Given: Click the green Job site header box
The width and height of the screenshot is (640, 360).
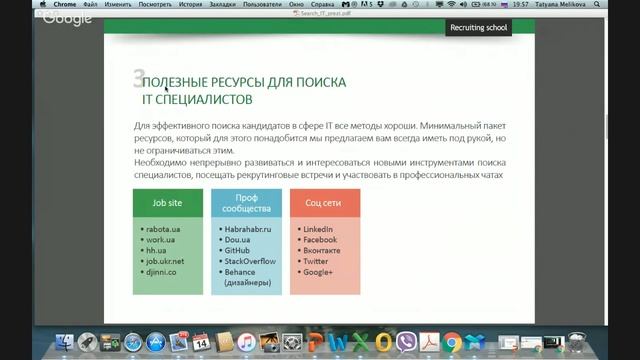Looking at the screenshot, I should coord(167,203).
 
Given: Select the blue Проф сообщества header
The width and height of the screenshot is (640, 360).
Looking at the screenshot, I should coord(246,203).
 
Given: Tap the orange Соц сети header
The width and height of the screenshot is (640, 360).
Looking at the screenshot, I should coord(325,203).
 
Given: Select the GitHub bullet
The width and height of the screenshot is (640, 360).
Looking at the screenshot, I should coord(237,250).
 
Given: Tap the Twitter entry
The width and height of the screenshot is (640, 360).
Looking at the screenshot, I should coord(317,260).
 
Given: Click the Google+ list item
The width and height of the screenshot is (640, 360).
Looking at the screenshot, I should coord(319,271).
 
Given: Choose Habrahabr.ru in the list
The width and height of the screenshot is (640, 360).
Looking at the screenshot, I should coord(248,230).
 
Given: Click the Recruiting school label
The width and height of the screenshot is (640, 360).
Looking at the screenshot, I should coord(479,28).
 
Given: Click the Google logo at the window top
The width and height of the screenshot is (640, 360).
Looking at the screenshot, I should coord(67,18).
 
